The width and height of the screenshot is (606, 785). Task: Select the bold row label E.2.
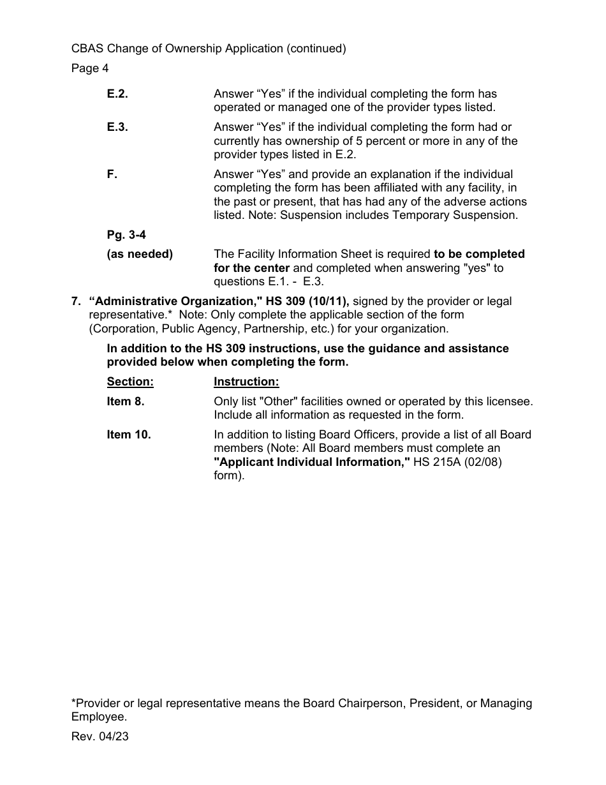tap(117, 94)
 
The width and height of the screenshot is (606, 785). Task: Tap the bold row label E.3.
tap(117, 127)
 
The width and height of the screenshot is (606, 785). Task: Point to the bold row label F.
tap(112, 174)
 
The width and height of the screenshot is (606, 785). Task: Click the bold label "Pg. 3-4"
tap(126, 235)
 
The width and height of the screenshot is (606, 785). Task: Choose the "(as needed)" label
tap(140, 254)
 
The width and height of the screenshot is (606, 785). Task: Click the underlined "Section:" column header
tap(130, 382)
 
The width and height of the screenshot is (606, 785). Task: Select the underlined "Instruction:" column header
tap(246, 382)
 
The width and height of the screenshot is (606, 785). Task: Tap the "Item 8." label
tap(126, 401)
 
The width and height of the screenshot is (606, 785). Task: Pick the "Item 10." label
tap(129, 435)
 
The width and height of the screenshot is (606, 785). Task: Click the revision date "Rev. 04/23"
tap(100, 736)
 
